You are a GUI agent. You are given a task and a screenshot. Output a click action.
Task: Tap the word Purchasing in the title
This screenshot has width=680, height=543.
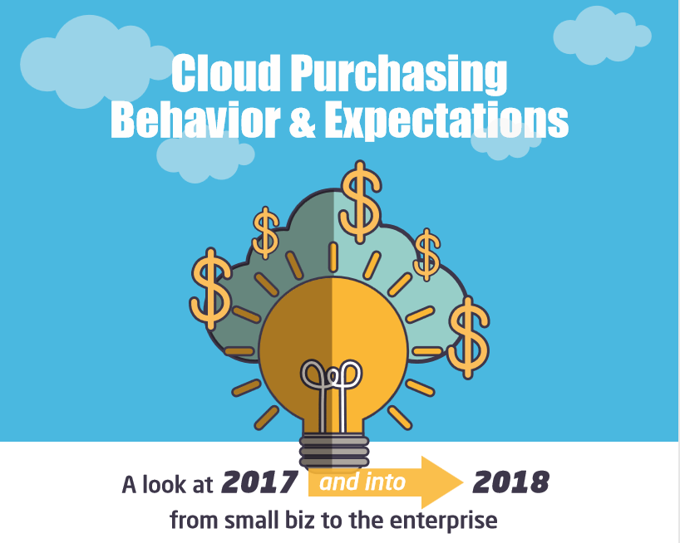(x=398, y=75)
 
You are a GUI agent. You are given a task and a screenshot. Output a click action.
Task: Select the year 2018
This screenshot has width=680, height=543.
(x=511, y=482)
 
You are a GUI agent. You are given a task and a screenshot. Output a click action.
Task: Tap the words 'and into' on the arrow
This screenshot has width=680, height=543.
(x=362, y=482)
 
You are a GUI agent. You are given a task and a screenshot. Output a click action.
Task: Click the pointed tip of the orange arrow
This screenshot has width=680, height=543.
(x=463, y=482)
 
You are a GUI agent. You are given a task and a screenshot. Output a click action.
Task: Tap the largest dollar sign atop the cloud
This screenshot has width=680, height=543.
(x=361, y=202)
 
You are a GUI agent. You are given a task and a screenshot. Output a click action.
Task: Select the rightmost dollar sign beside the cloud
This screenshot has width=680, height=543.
(x=468, y=338)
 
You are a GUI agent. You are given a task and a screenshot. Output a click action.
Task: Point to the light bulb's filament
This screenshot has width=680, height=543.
(x=332, y=392)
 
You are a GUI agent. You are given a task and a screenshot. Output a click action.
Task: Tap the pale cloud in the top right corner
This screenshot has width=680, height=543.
(x=602, y=36)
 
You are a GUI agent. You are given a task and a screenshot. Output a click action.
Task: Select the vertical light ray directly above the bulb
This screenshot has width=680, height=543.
(x=333, y=257)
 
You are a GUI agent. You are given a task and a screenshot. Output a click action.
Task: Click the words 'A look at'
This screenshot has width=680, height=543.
(x=167, y=484)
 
